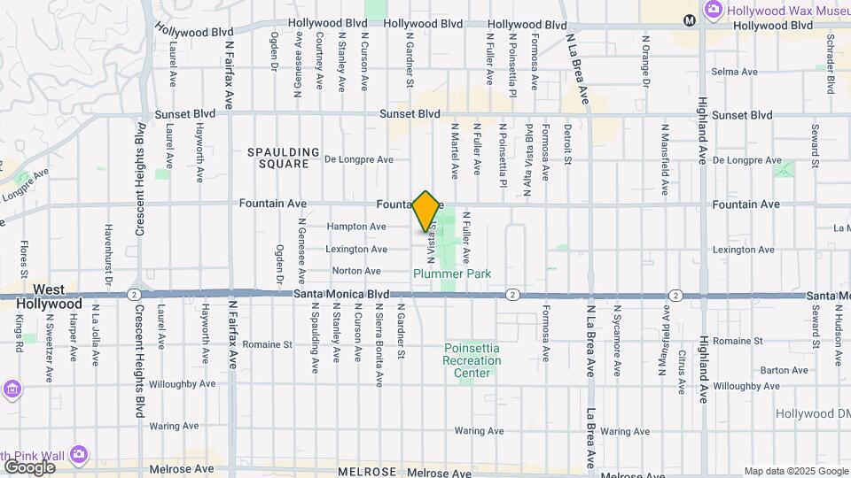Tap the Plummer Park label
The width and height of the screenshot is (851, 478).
(x=452, y=274)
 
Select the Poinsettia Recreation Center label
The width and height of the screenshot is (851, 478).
(x=472, y=360)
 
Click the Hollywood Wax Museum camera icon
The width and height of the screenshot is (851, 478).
(x=714, y=10)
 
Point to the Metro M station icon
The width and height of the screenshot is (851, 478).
(x=690, y=19)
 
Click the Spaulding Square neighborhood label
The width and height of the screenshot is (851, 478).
(x=284, y=158)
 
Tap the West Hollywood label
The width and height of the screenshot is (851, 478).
(x=50, y=297)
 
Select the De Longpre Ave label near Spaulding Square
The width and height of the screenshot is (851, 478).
(x=358, y=160)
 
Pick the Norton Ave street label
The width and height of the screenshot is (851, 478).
(x=356, y=271)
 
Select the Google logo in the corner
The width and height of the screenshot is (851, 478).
(x=29, y=466)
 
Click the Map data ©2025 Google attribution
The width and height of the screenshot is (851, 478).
(x=795, y=471)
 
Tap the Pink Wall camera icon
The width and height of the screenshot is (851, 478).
(x=79, y=453)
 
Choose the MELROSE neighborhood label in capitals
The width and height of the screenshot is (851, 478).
(x=366, y=473)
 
